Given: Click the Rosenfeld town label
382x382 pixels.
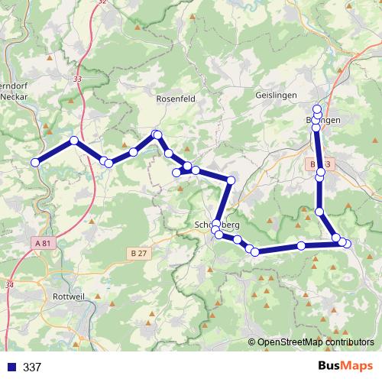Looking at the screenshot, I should tap(176, 99).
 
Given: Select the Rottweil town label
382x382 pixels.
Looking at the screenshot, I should tap(74, 296).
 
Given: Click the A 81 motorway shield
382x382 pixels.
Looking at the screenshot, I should tap(46, 243).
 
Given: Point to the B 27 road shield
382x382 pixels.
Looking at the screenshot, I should tap(138, 251).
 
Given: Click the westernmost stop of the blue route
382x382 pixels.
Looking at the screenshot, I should tap(34, 162).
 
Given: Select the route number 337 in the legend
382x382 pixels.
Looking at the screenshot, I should tap(32, 367).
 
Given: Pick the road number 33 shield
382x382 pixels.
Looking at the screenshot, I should tap(78, 79).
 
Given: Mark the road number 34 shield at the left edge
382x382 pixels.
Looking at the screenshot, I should tap(9, 285).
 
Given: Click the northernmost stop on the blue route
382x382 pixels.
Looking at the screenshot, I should tap(317, 108).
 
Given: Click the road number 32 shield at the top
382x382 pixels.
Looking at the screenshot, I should tap(102, 2).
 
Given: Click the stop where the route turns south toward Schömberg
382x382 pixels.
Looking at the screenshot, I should tap(231, 180).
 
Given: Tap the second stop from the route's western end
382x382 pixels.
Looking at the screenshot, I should tap(73, 141).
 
